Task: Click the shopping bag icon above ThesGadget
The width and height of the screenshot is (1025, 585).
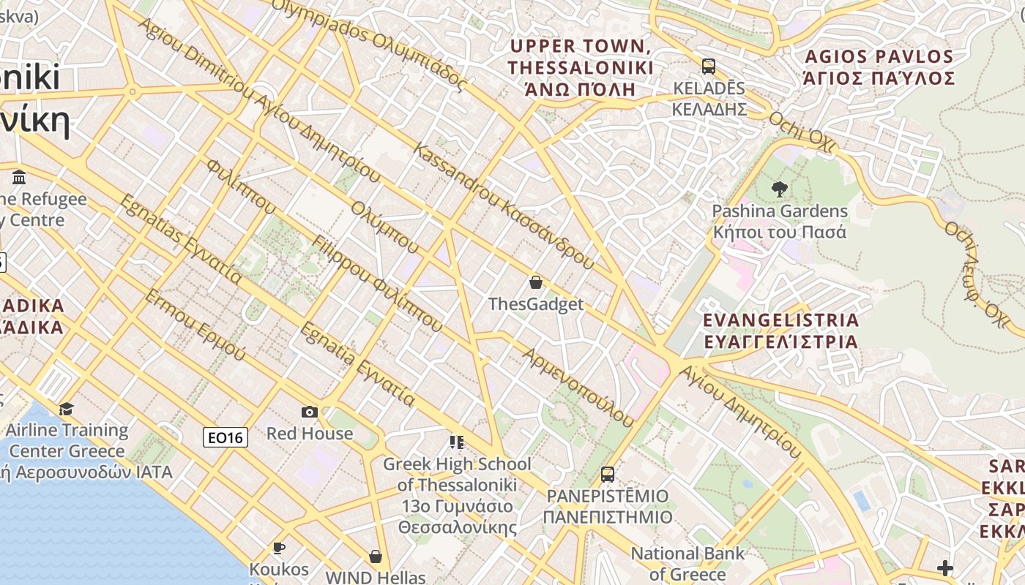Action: coord(536,282)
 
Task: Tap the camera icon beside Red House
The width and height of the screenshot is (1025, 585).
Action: coord(310,412)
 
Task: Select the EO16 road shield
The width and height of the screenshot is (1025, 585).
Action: coord(225,437)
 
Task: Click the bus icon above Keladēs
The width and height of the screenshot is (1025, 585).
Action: coord(708,67)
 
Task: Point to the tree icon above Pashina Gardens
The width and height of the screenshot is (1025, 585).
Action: coord(779,189)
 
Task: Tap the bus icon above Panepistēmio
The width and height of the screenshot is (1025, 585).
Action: coord(607,474)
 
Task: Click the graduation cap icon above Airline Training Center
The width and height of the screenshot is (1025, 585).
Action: coord(67,409)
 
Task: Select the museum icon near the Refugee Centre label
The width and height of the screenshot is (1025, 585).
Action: coord(20,177)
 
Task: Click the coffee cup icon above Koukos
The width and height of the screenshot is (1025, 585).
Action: coord(278,548)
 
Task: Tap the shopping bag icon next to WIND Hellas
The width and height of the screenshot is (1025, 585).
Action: coord(376,556)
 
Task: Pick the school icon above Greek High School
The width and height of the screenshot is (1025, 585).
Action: coord(457,442)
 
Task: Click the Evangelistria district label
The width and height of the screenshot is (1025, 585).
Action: coord(780,331)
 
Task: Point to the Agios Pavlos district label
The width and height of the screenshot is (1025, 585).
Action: coord(879,67)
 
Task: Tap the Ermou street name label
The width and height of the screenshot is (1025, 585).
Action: coord(195,325)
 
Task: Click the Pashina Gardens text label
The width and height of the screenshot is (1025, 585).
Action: coord(780,222)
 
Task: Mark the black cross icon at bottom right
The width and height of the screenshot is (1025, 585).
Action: coord(945,568)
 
